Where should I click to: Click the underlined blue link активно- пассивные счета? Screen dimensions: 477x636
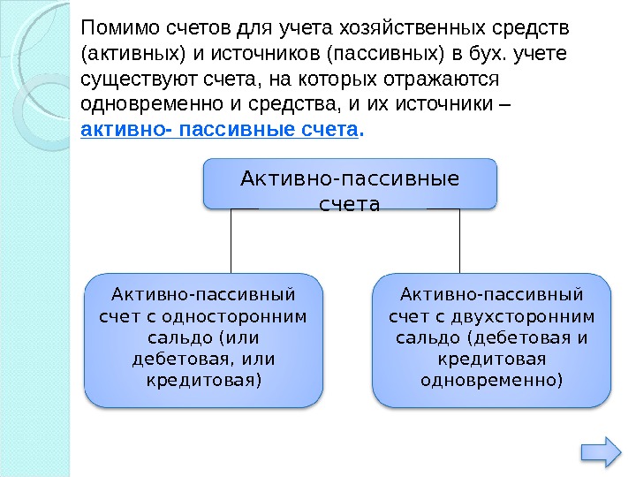(221, 131)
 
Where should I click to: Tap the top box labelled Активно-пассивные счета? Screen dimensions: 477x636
(350, 185)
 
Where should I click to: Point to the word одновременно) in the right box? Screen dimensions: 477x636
(491, 381)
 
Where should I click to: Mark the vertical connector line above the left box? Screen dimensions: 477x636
(231, 241)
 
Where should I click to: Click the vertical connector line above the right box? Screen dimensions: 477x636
(460, 241)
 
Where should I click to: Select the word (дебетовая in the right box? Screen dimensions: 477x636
(519, 338)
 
